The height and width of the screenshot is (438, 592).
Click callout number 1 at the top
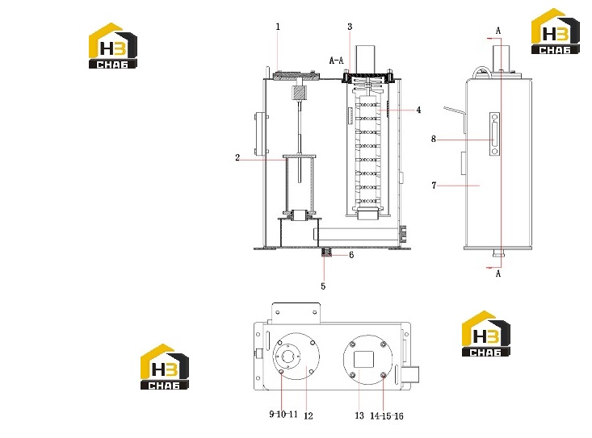[x=279, y=27]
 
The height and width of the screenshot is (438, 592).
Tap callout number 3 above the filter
[x=350, y=27]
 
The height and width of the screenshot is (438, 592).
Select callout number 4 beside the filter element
[x=418, y=110]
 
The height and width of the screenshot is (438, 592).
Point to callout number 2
[x=237, y=157]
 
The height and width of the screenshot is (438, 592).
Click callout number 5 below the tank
[x=323, y=286]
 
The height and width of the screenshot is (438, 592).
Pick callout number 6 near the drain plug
[x=351, y=255]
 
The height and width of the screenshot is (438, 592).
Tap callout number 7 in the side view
[x=434, y=186]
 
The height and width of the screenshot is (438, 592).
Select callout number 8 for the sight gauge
[x=434, y=139]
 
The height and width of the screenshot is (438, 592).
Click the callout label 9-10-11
[x=283, y=415]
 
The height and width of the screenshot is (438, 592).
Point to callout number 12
[x=309, y=415]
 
